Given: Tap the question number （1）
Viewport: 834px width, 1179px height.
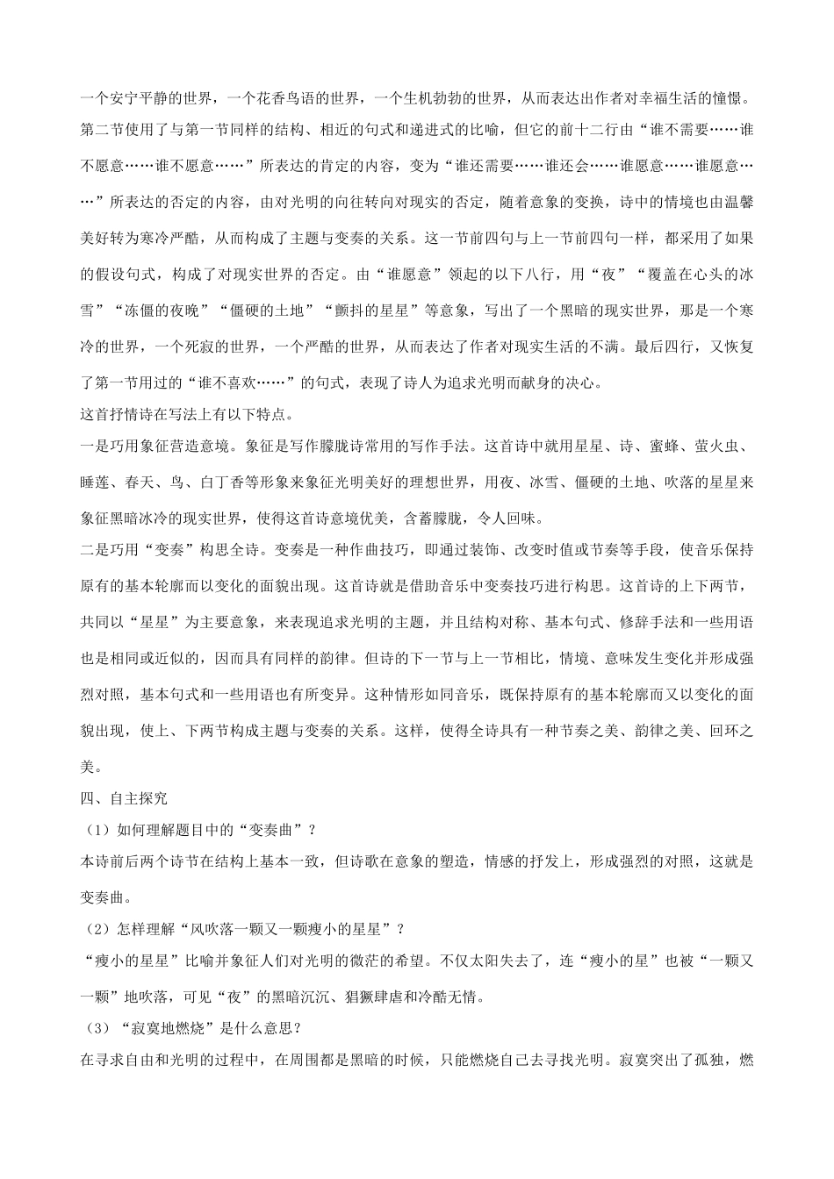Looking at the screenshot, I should coord(96,830).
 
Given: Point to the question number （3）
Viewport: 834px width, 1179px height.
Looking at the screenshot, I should coord(96,1028).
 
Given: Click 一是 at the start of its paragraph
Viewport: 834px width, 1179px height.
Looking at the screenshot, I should coord(94,446).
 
